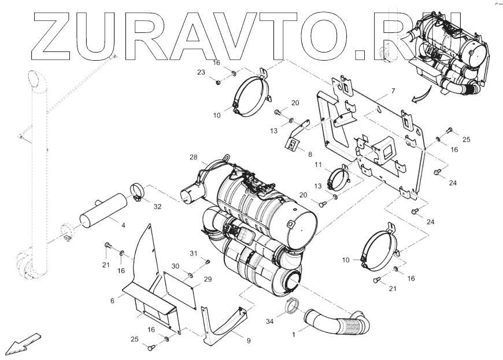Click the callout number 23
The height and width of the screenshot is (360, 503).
click(x=201, y=72)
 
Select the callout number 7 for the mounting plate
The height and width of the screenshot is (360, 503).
click(x=393, y=91)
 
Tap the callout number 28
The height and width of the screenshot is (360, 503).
click(x=193, y=157)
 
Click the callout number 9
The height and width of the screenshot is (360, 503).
click(x=248, y=341)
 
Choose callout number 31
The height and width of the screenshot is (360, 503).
click(x=194, y=253)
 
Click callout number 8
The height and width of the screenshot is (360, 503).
click(x=310, y=154)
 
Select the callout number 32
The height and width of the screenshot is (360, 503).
click(x=157, y=206)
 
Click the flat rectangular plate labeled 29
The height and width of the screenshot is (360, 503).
click(x=179, y=288)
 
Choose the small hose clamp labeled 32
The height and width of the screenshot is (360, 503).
click(x=138, y=191)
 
